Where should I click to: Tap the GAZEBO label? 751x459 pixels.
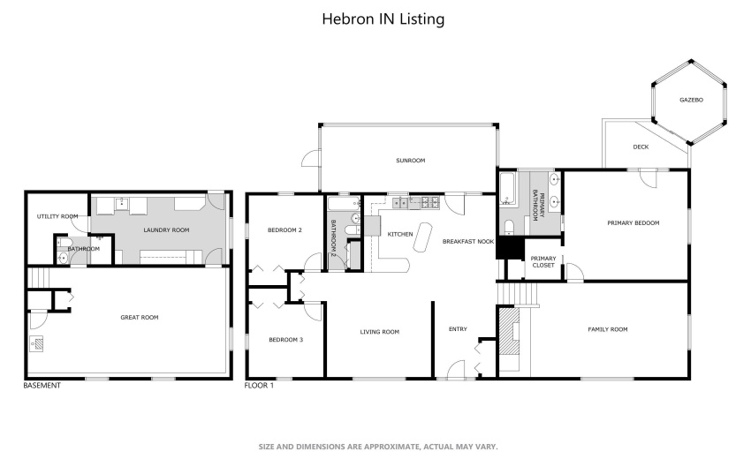pos(690,100)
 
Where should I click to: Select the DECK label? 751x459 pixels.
pos(641,147)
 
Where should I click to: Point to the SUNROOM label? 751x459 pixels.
pos(410,161)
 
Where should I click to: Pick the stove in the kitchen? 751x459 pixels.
pos(432,202)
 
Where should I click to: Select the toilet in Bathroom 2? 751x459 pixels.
pos(351,231)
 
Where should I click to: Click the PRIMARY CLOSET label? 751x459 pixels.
pos(542,261)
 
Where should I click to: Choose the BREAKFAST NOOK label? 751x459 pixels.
pos(467,241)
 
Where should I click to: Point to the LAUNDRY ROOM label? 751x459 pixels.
pos(166,229)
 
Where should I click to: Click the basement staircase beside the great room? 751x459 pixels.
pos(36,277)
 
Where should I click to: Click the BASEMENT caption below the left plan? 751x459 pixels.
pos(42,385)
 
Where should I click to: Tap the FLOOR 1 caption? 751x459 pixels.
pos(259,385)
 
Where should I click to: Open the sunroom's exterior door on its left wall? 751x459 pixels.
pos(309,159)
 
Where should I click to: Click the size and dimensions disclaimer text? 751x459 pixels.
pos(378,447)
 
